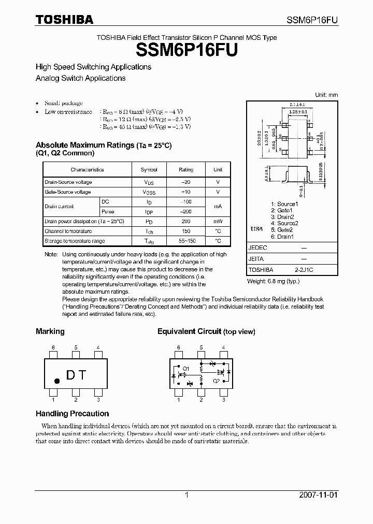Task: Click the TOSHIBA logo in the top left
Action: [x=64, y=20]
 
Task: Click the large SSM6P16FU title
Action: [x=187, y=50]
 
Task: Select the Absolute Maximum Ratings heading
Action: [x=84, y=145]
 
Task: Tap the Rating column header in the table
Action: [x=186, y=170]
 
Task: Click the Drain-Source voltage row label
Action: [x=68, y=182]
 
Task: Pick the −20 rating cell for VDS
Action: [x=186, y=182]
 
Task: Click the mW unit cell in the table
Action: [x=218, y=222]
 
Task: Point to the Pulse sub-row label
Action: [x=108, y=212]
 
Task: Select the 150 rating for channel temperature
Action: [x=186, y=231]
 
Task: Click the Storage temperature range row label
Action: [x=75, y=241]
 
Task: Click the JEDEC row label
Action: [x=257, y=248]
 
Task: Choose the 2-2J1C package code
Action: [x=304, y=270]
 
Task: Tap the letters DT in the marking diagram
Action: [x=76, y=375]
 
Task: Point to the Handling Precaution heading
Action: [x=72, y=414]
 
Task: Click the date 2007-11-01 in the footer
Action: [x=319, y=495]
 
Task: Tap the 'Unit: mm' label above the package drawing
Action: [x=326, y=95]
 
